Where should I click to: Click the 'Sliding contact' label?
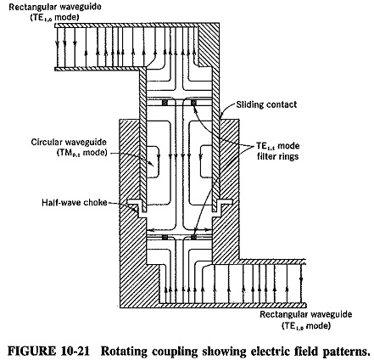pyautogui.click(x=266, y=104)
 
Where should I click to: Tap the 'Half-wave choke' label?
pyautogui.click(x=75, y=203)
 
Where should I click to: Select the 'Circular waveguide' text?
pyautogui.click(x=69, y=142)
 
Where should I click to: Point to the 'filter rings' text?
pyautogui.click(x=277, y=156)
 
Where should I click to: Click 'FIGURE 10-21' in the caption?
pyautogui.click(x=48, y=351)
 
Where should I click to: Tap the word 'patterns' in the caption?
pyautogui.click(x=346, y=351)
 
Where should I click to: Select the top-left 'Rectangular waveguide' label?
pyautogui.click(x=54, y=7)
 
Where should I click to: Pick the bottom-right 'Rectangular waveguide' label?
pyautogui.click(x=306, y=314)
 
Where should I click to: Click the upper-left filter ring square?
pyautogui.click(x=165, y=103)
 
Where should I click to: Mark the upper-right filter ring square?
pyautogui.click(x=193, y=103)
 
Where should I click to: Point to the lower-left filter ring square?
pyautogui.click(x=165, y=237)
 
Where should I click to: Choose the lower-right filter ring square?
pyautogui.click(x=193, y=237)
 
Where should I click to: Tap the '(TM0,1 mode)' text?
pyautogui.click(x=82, y=153)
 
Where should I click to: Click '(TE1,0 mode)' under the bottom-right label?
pyautogui.click(x=306, y=325)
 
